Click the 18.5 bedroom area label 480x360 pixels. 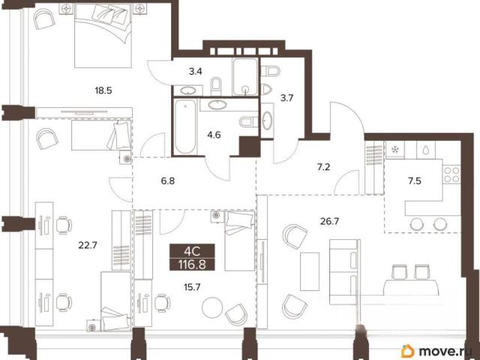[x=103, y=91]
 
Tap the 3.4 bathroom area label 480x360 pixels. [x=195, y=72]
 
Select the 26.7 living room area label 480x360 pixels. [x=329, y=221]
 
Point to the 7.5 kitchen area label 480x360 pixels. [x=415, y=181]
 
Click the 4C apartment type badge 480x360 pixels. [x=192, y=251]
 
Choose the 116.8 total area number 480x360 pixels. [x=192, y=264]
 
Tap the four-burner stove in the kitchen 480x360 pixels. [x=451, y=175]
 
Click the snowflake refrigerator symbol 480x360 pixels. [x=395, y=150]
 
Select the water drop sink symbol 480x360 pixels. [x=425, y=150]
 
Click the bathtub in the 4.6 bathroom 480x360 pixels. [x=185, y=127]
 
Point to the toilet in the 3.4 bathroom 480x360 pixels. [x=216, y=86]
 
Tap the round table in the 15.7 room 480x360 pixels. [x=212, y=307]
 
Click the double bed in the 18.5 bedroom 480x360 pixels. [x=103, y=36]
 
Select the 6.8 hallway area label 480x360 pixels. [x=168, y=181]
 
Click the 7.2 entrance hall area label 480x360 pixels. [x=323, y=167]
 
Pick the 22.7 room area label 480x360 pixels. [x=88, y=245]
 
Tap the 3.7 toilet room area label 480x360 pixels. [x=286, y=98]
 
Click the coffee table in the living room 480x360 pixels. [x=310, y=271]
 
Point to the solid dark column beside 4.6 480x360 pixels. [x=250, y=147]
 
